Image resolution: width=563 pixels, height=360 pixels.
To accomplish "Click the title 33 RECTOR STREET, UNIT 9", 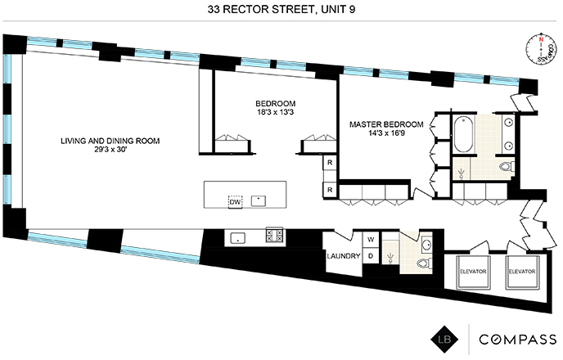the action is pos(281,11).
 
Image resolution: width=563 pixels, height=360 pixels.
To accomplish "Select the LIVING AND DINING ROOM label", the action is pos(110,141).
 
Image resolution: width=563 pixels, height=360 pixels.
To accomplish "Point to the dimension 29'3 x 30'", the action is pos(110,151).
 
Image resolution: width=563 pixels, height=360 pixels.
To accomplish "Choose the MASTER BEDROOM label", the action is pos(386,125).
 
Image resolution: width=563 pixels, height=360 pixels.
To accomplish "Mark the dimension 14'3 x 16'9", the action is pos(386,135).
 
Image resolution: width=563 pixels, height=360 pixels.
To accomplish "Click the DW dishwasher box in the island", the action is pos(236,201).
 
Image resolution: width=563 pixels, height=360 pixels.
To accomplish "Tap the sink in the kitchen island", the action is pos(260,199).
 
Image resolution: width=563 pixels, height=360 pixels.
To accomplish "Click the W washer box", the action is pos(370,240).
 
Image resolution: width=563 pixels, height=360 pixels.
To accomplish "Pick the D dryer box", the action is pos(370,256).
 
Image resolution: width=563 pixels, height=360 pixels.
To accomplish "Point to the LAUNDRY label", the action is pos(343,256).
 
